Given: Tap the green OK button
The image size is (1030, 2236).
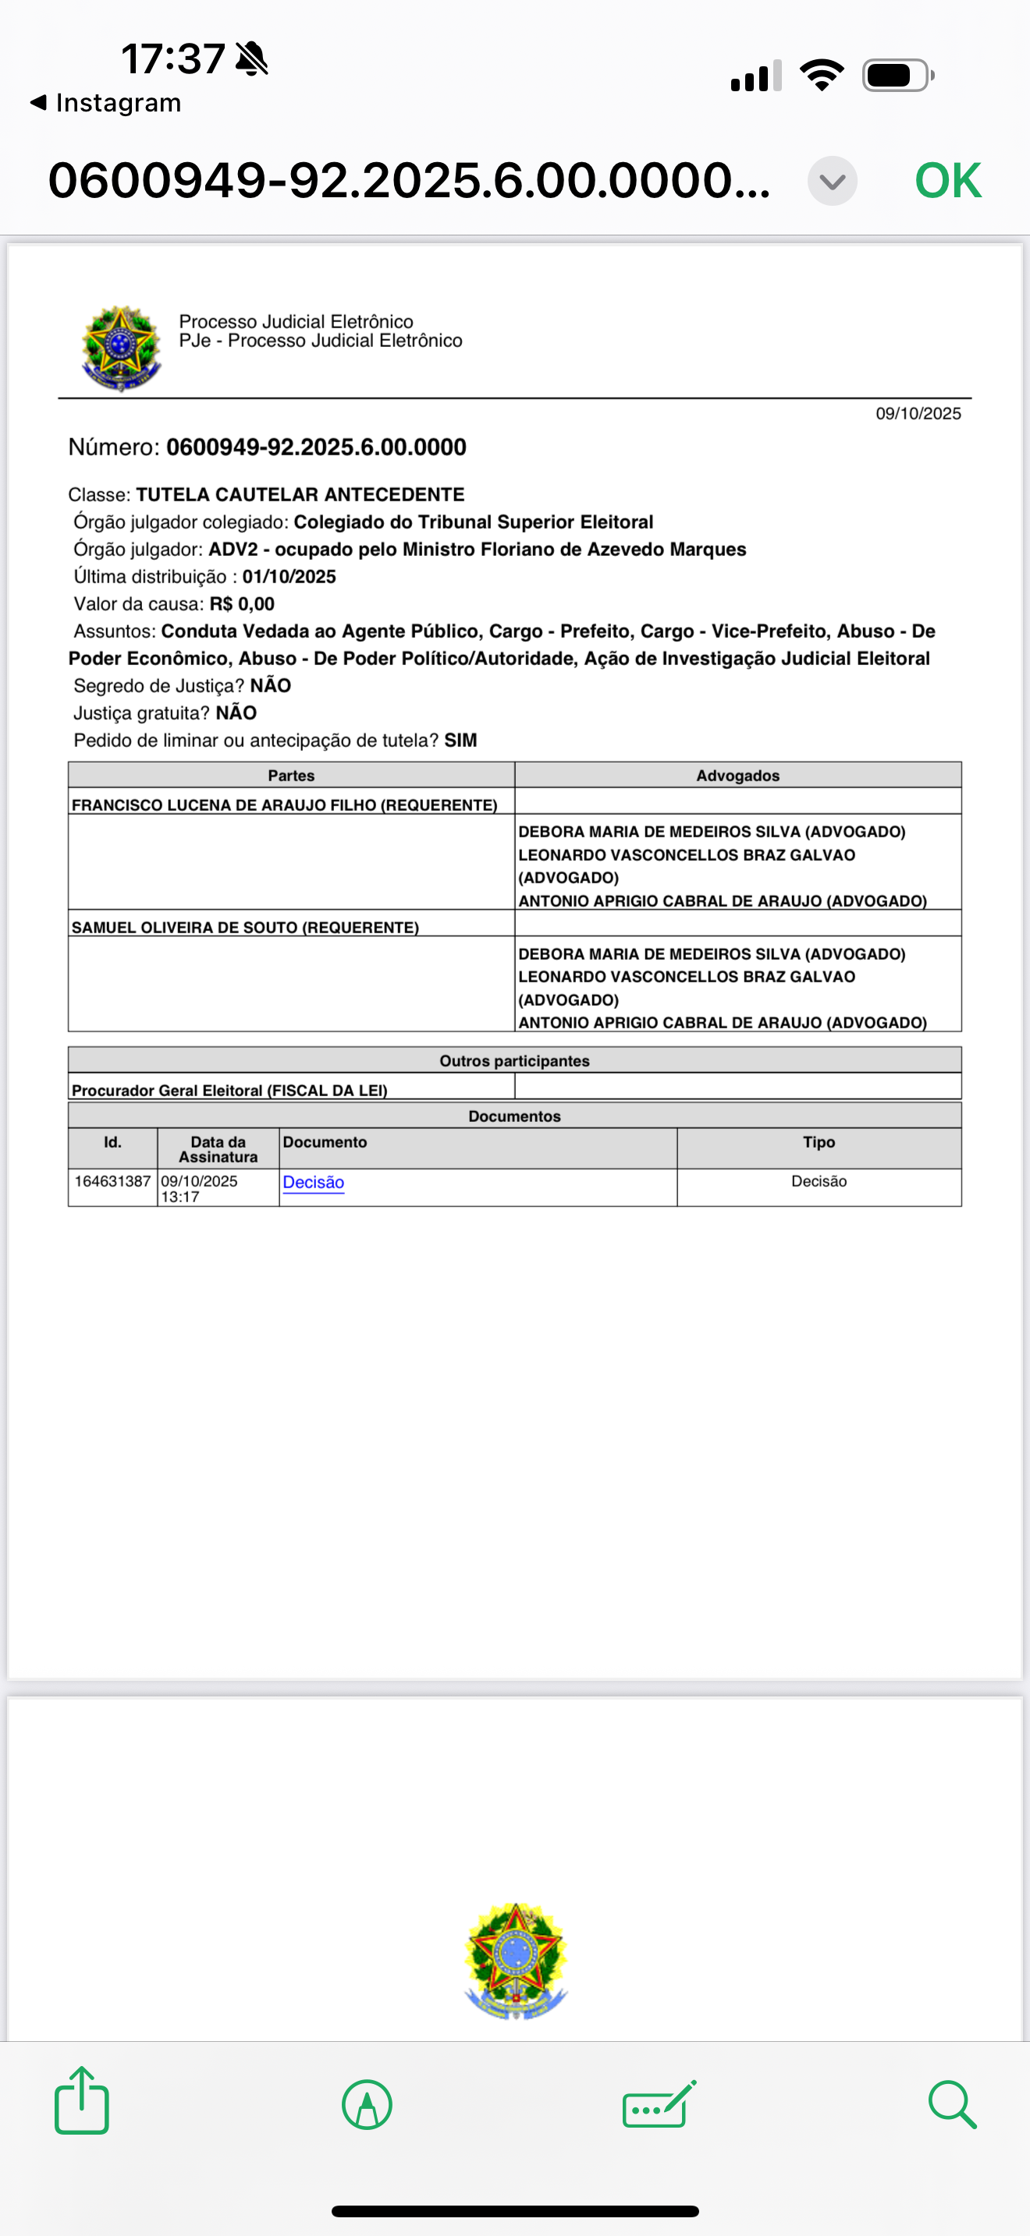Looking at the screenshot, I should coord(947,181).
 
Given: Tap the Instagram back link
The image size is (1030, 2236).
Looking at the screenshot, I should coord(106,102).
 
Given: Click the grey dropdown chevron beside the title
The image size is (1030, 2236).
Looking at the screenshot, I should coord(832,182).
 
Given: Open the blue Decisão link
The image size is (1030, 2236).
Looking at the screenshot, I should coord(313,1182).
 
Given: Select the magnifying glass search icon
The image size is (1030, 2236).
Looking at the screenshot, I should coord(952,2103).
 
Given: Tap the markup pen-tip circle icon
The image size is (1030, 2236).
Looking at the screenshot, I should coord(367,2104).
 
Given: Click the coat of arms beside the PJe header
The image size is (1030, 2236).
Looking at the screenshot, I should coord(121,348).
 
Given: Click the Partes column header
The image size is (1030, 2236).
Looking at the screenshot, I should coord(291,775).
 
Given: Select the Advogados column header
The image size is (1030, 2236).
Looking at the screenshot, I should coord(737,775).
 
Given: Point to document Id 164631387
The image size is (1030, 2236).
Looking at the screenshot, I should coord(112,1181).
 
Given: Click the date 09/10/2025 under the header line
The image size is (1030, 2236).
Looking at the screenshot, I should coord(917,413).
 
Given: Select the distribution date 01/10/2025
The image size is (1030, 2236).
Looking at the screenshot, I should coord(289,576).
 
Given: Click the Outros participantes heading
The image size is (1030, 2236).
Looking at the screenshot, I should coord(514,1061).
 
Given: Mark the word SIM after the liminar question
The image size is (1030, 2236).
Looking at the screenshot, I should coord(460,741).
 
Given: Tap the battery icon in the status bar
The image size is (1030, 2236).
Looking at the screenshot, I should coord(897,76).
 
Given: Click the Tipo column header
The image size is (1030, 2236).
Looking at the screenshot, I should coord(818,1142).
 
